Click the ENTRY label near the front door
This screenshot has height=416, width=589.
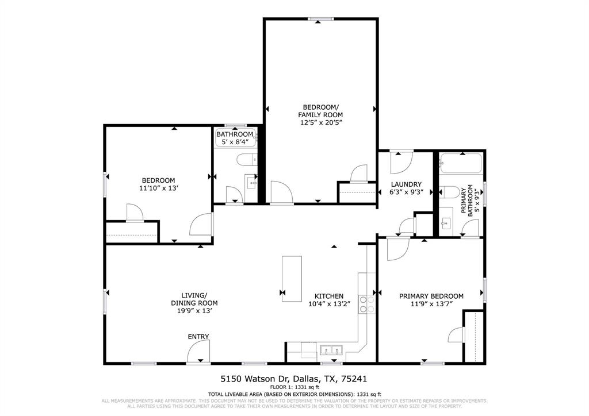coord(198,336)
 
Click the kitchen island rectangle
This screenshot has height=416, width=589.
coord(291,279)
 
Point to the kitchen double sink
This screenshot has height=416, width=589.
coord(332,349)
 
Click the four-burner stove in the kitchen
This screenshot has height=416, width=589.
coord(366,304)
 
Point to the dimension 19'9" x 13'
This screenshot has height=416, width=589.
coord(194,310)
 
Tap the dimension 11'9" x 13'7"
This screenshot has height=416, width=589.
coord(431,304)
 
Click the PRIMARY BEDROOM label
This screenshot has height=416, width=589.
coord(431,296)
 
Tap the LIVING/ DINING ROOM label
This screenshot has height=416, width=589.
coord(194,299)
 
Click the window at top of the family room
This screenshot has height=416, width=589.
coord(321,19)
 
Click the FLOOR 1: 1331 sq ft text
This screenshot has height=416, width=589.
coord(294,387)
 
